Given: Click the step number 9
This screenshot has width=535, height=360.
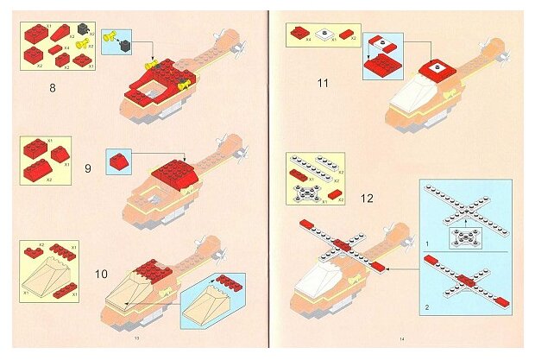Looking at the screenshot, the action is click(x=88, y=168).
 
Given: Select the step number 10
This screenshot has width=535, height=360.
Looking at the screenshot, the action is click(x=101, y=275).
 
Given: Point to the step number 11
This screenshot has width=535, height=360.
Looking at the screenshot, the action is click(x=324, y=84).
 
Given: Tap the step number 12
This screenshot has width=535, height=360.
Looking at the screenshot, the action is click(x=367, y=199).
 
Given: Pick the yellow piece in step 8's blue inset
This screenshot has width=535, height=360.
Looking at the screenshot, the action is click(x=110, y=36).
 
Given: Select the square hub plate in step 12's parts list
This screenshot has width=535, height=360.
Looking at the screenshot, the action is click(x=306, y=192).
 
